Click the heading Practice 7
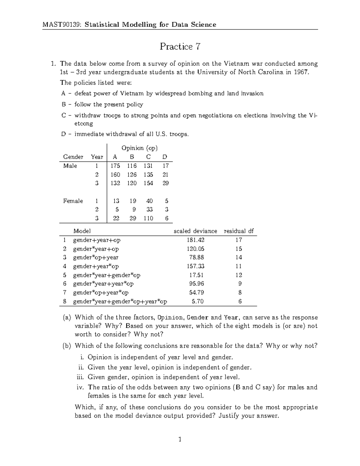(x=180, y=47)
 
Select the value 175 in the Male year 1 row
(x=115, y=166)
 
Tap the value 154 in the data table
(x=148, y=183)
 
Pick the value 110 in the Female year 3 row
(x=148, y=218)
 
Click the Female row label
(x=73, y=201)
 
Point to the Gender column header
(x=73, y=157)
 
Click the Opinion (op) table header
(x=139, y=148)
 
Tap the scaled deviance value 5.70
(x=198, y=301)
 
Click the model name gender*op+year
(x=95, y=257)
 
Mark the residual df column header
(x=238, y=231)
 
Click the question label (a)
(x=67, y=317)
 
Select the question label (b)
(x=67, y=346)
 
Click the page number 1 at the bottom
(x=180, y=440)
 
